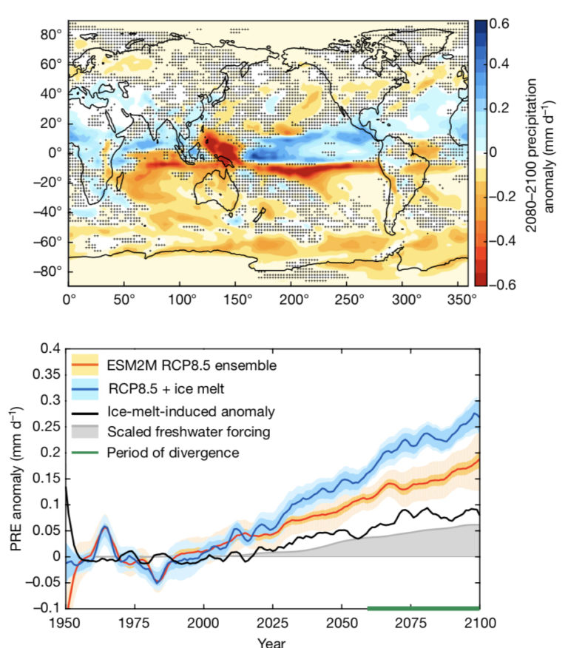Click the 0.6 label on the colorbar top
point(501,23)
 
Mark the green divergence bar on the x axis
point(423,608)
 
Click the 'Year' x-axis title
point(272,641)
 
